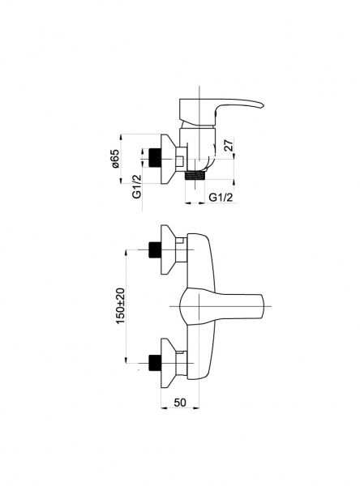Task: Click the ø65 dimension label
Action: tap(114, 159)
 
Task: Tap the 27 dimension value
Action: tap(228, 145)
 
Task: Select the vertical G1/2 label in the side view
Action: tap(136, 186)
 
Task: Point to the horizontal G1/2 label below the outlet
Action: tap(221, 197)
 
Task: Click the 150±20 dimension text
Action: tap(121, 306)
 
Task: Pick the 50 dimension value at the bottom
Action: tap(180, 403)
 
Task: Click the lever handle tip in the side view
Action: tap(263, 104)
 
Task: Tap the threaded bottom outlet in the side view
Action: tap(195, 175)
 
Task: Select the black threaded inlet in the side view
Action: tap(155, 159)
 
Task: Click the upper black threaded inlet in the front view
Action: tap(155, 249)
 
